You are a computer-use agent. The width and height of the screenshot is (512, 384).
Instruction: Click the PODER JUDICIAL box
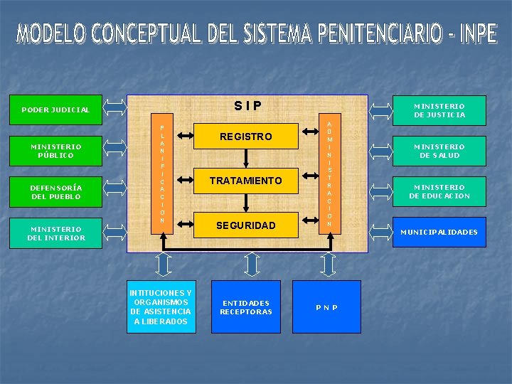(55, 110)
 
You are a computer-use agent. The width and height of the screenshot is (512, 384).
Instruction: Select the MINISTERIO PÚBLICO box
(55, 151)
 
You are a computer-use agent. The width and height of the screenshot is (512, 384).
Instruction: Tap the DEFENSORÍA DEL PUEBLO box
(55, 192)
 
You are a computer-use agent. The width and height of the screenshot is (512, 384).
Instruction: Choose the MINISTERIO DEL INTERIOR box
(55, 233)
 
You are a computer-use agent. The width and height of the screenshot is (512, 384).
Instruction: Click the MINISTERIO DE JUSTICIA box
(439, 110)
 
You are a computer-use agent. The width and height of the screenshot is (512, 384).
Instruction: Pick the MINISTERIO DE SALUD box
(439, 151)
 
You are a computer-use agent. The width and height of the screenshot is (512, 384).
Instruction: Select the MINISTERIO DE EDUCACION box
(439, 191)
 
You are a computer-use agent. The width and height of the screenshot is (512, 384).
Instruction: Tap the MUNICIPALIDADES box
(439, 232)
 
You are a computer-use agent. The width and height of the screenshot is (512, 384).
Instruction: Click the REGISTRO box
(245, 136)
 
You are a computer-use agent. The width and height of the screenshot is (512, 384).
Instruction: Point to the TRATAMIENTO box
(245, 181)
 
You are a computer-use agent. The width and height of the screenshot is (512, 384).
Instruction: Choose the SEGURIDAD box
(245, 225)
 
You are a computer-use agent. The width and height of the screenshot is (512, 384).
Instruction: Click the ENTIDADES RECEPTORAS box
(246, 306)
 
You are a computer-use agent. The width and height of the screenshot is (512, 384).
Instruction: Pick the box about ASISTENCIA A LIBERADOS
(161, 306)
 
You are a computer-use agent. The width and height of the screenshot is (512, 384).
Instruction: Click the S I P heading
(247, 107)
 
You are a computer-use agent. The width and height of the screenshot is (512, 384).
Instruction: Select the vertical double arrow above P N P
(327, 264)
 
